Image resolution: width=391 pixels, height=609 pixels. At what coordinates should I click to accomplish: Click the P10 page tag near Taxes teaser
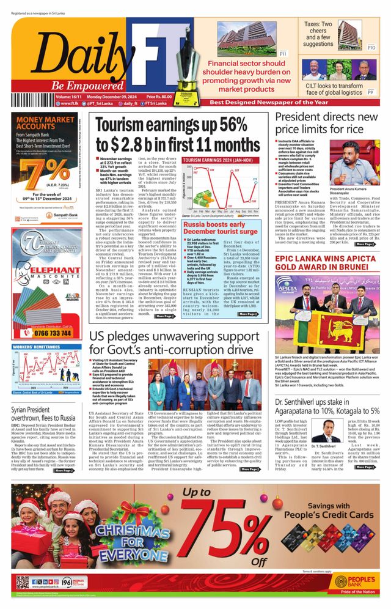click(371, 47)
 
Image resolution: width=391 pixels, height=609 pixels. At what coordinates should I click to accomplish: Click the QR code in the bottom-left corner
click(21, 581)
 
